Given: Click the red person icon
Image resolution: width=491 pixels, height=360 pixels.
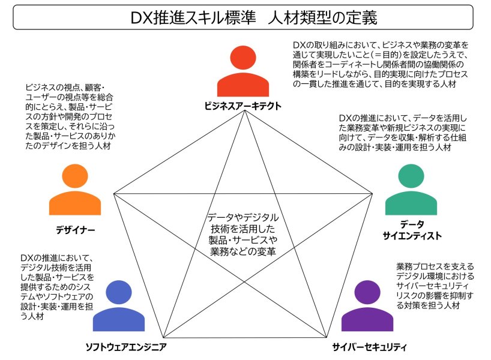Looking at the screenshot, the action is point(243,71).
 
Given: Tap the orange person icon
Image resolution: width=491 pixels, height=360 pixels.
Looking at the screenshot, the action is point(75,190).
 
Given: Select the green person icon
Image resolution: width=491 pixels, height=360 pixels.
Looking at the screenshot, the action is point(411,190).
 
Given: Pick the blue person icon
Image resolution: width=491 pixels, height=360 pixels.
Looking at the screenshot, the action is point(119,306).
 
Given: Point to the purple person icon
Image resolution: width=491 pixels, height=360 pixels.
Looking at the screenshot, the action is point(367,306).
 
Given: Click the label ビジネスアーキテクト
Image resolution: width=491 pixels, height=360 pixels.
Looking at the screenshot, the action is point(243,106).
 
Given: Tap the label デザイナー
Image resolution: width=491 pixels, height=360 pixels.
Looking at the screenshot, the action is point(75,230).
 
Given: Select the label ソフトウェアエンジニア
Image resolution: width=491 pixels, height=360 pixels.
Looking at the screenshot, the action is point(126,347).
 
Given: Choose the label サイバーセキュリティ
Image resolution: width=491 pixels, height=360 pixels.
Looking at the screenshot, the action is point(369,347).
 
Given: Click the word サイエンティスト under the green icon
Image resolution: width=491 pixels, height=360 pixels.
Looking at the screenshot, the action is point(412,235).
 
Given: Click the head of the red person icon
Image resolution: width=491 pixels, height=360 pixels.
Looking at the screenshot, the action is point(243,58).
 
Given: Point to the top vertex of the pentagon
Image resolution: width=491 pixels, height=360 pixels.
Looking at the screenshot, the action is point(244,111).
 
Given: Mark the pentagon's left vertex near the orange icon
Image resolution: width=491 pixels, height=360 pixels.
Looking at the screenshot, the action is point(113,194).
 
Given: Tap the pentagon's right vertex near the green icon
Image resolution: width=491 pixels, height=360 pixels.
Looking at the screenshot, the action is point(372,194).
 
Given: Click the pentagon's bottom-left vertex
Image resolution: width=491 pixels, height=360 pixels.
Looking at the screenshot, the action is point(164,338).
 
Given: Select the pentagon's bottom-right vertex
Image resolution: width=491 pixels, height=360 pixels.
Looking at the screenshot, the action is point(327,337).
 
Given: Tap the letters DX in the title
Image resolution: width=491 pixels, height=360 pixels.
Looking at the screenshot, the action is point(142,18).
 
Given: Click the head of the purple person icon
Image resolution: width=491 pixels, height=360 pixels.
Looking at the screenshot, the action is point(367,292).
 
